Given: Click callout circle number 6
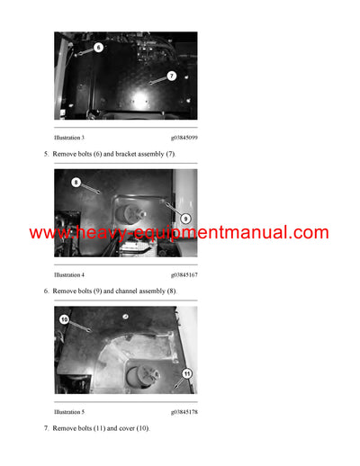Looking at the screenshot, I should tap(98, 46).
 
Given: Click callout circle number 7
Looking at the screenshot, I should tap(171, 76).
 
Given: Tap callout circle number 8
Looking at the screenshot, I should tap(76, 182).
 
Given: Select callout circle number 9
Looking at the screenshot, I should tap(184, 217).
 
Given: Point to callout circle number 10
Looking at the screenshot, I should tap(64, 318).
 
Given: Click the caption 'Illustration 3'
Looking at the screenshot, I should tap(69, 138).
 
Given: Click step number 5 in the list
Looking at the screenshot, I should tap(46, 155).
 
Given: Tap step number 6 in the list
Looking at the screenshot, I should tap(46, 291).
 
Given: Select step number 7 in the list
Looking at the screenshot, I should tap(46, 427).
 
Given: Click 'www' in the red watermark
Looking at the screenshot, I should tap(45, 233).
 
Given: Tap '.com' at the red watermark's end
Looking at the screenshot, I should tap(310, 233).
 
